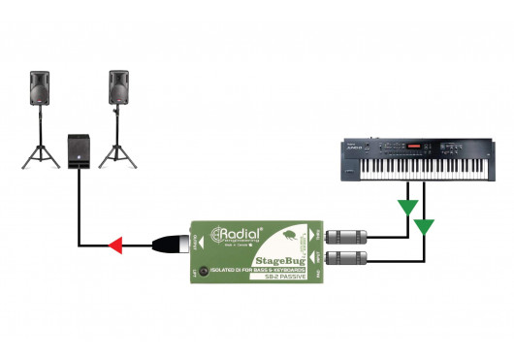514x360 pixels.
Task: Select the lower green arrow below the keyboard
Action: (x=425, y=227)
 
